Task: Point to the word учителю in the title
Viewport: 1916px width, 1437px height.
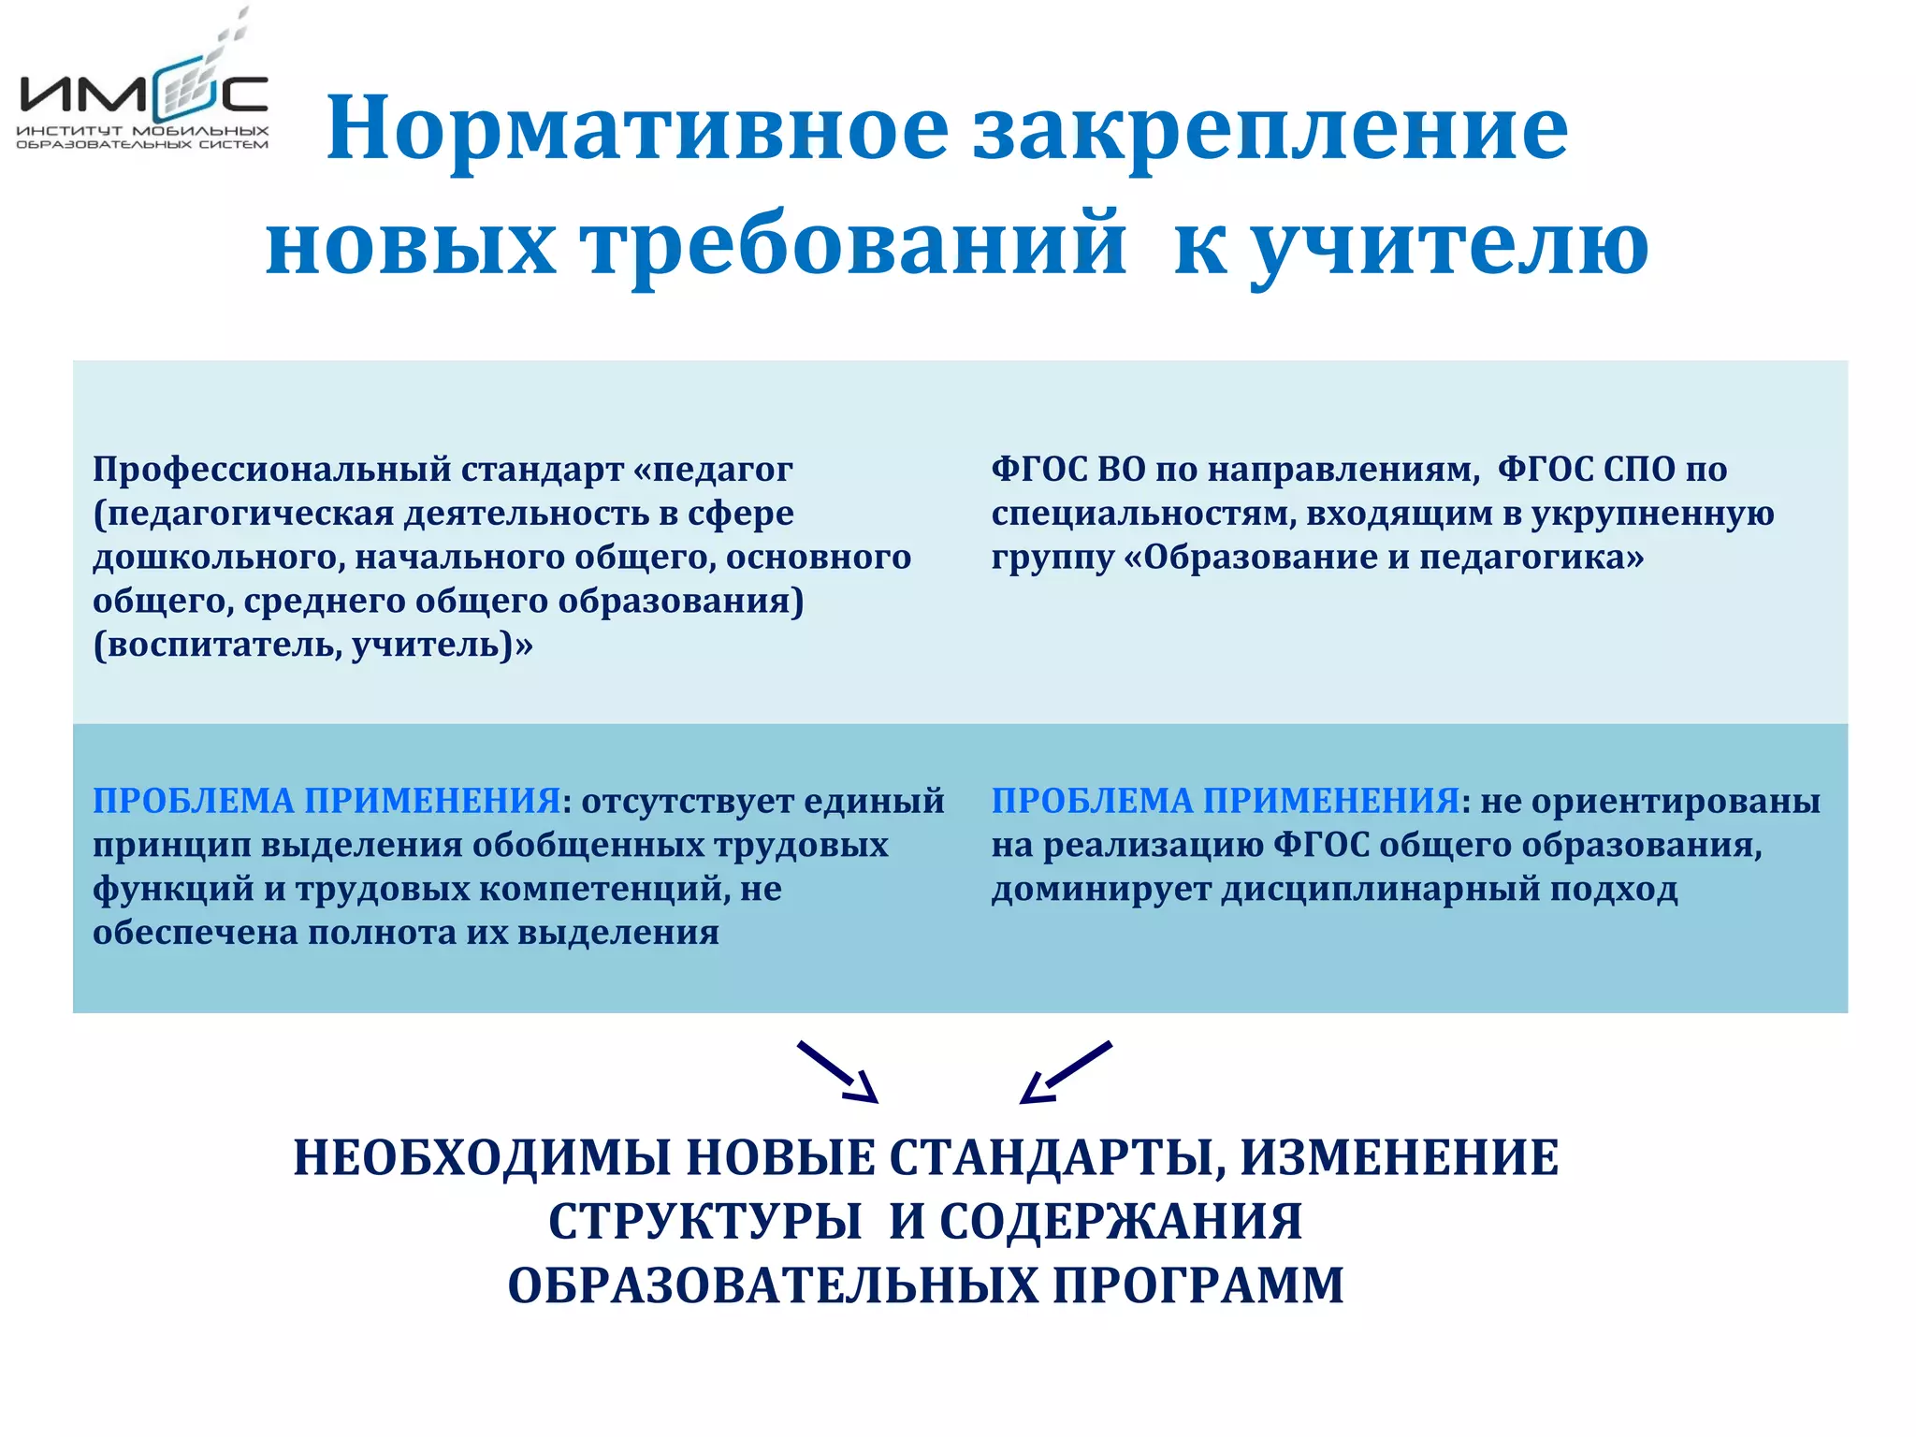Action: pos(1449,245)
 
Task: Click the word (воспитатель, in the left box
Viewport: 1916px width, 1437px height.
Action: pos(215,646)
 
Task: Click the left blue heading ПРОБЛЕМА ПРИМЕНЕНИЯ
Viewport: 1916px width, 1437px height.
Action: pos(327,802)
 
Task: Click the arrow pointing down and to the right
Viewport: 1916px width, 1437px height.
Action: pos(837,1072)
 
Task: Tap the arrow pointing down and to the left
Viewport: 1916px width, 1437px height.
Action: pos(1066,1072)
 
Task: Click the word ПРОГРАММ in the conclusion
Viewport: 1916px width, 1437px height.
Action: pos(1198,1285)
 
